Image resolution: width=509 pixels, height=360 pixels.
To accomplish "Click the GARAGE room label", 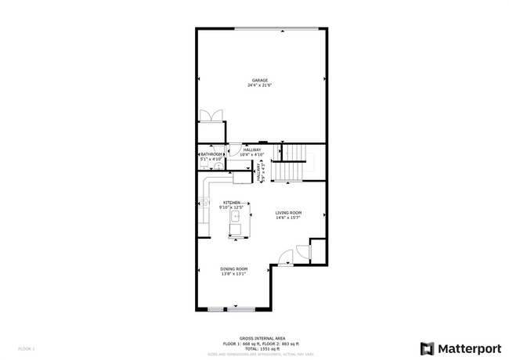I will pos(260,80).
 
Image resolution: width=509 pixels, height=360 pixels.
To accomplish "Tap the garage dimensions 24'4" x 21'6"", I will pos(260,85).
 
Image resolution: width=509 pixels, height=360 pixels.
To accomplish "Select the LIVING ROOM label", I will pos(288,212).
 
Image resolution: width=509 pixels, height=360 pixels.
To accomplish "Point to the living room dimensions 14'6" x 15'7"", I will pos(288,218).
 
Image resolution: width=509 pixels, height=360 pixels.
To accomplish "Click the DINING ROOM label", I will pos(234,268).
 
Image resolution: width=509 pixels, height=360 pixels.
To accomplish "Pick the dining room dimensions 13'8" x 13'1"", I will pos(234,274).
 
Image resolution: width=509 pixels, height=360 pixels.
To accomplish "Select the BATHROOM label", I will pos(211,154).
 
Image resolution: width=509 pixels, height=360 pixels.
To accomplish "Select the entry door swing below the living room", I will pos(287,256).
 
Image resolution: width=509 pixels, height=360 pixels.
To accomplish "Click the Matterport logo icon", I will pos(428,348).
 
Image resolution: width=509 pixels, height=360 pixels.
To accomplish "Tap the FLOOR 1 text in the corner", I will pos(27,348).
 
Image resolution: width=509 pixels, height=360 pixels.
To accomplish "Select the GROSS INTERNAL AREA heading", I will pos(257,339).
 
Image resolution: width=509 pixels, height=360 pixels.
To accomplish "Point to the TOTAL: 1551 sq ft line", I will pos(257,348).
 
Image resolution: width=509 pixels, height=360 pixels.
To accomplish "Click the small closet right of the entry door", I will pos(316,251).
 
